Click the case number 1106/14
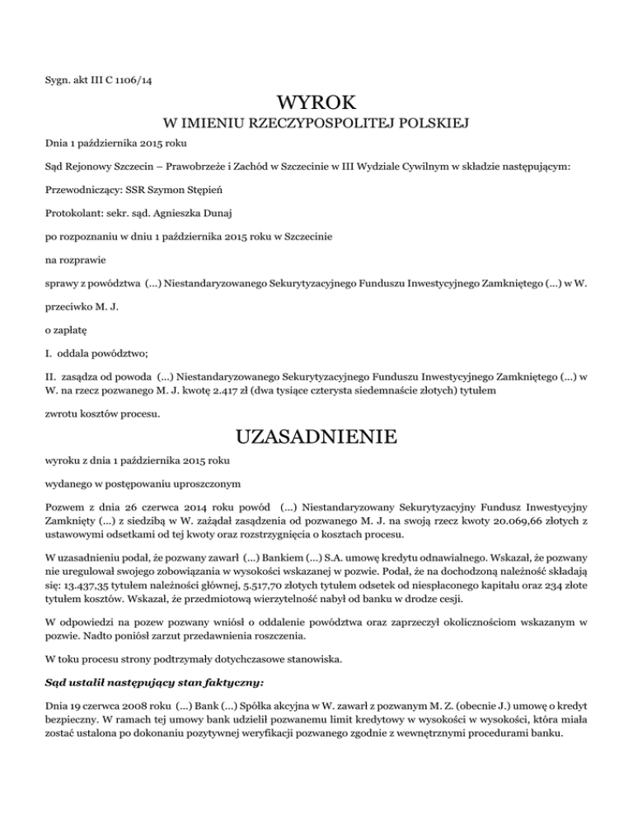tap(140, 80)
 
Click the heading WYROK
tap(316, 104)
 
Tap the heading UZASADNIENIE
tap(316, 435)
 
